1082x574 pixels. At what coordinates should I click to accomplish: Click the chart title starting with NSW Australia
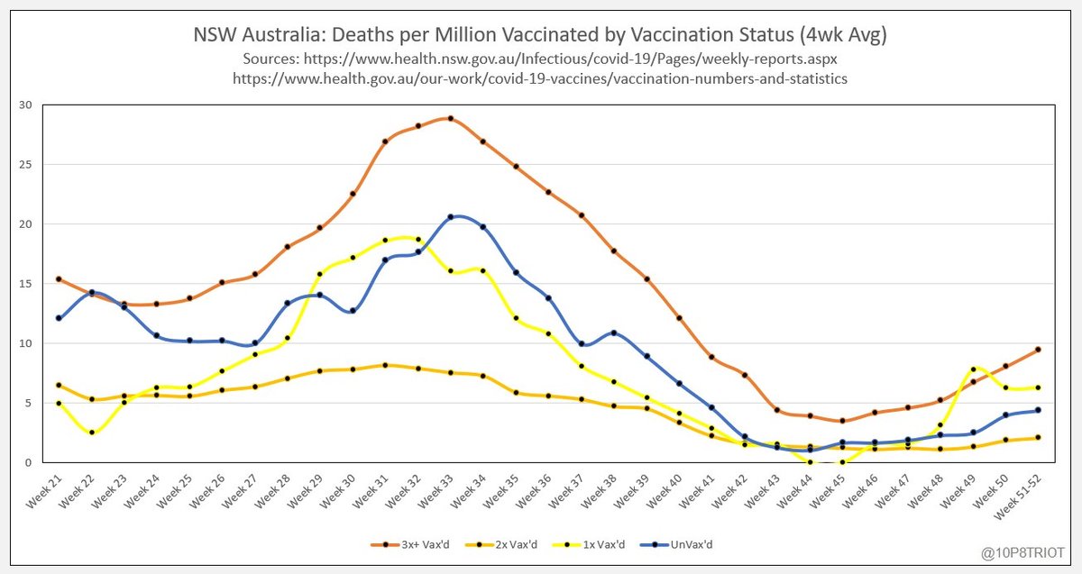coord(540,35)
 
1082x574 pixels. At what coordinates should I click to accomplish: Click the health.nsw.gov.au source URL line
coord(540,59)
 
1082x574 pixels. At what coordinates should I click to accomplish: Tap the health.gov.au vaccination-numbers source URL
coord(540,78)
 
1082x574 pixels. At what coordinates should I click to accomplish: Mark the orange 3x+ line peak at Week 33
coord(451,118)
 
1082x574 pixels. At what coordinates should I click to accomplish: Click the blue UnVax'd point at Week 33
coord(451,217)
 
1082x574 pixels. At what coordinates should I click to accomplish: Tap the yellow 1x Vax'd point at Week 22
coord(91,433)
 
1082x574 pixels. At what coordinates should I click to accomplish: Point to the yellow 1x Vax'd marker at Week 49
coord(973,369)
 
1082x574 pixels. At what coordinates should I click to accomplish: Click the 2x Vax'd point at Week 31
coord(385,365)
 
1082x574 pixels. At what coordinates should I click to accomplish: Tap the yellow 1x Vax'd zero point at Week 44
coord(810,462)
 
